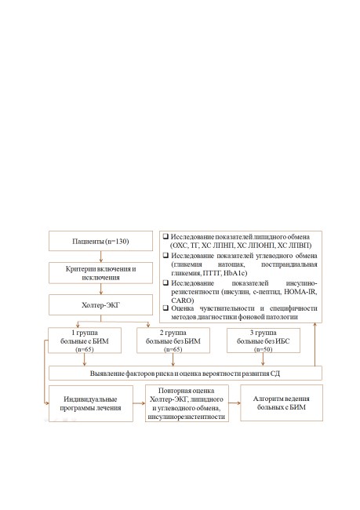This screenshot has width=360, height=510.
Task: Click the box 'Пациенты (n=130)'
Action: coord(101,241)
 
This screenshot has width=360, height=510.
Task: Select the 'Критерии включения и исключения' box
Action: coord(101,273)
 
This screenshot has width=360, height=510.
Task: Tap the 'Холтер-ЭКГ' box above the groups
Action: coord(101,304)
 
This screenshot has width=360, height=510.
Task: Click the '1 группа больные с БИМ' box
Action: coord(85,341)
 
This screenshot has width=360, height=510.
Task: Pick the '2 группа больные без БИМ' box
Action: coord(173,341)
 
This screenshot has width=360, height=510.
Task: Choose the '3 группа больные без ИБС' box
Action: coord(263,341)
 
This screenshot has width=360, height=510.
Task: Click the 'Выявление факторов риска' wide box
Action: coord(185,373)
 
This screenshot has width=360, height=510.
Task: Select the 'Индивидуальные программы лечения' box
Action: coord(91,403)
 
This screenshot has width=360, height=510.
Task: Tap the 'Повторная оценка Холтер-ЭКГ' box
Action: coord(187,403)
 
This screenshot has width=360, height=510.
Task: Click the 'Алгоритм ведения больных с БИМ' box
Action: coord(282,403)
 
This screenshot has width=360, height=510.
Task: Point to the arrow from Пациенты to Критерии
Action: coord(101,257)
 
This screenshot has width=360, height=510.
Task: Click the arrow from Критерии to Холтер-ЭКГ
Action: coord(101,290)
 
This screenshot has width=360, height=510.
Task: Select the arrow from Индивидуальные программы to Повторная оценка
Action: coord(139,403)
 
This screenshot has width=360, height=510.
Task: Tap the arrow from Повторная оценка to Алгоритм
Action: coord(235,403)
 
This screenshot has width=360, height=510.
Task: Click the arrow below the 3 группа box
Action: coord(263,359)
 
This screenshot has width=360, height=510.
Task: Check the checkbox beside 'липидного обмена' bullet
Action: coord(165,236)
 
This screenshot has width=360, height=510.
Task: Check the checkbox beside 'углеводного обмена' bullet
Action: coord(165,255)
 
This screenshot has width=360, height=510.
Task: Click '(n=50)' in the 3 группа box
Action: coord(263,350)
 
